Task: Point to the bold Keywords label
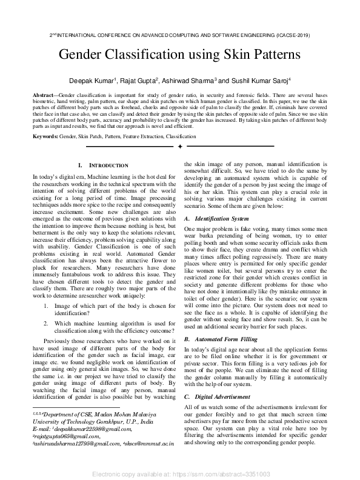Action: coord(45,137)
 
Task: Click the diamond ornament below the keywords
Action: coord(179,147)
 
